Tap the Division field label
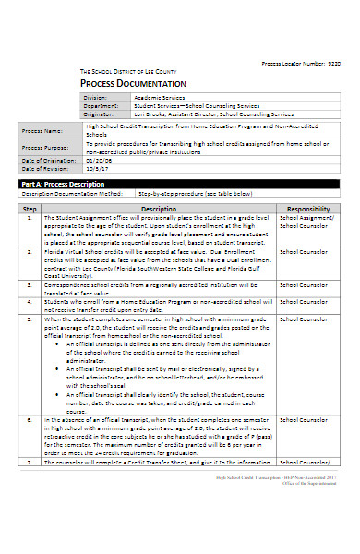click(95, 97)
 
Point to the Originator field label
click(98, 113)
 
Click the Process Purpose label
click(46, 148)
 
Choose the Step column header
click(29, 210)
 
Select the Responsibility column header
click(307, 210)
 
